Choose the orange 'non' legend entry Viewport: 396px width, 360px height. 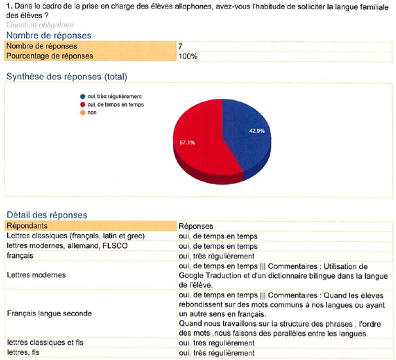click(x=91, y=112)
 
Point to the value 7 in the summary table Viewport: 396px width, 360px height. click(x=180, y=46)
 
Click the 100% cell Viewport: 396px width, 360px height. click(x=187, y=56)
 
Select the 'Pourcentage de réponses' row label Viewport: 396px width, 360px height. click(x=50, y=56)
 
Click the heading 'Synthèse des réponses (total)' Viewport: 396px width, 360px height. click(x=66, y=77)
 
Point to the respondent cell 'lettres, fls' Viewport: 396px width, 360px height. click(x=26, y=353)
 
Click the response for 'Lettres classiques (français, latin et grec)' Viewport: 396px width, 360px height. click(x=219, y=236)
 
